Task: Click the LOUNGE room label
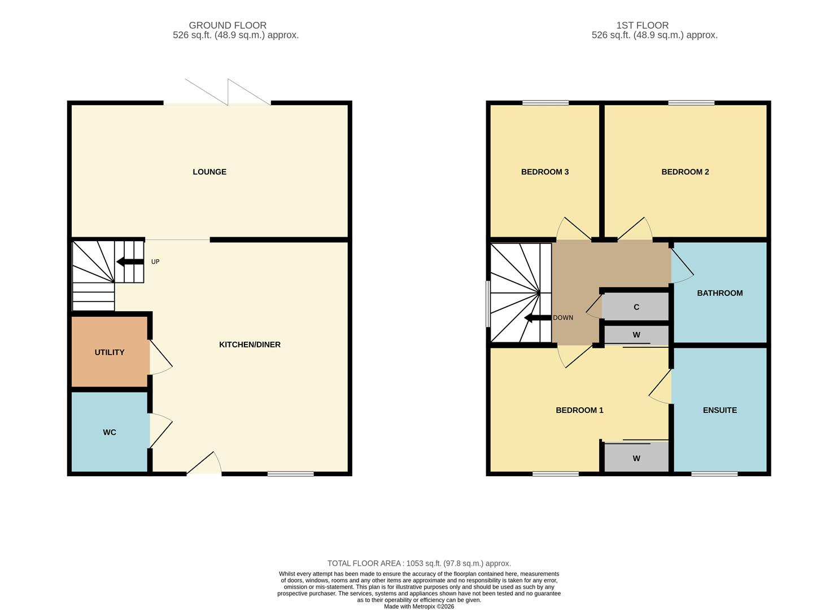click(209, 172)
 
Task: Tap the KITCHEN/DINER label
click(250, 345)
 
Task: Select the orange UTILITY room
click(110, 352)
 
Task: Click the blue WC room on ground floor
click(110, 432)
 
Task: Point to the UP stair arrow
click(130, 262)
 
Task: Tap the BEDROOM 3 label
click(544, 172)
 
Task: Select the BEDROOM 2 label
click(685, 172)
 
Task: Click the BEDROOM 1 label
click(579, 410)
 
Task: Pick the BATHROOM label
click(719, 293)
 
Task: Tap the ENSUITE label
click(719, 410)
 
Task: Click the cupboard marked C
click(636, 307)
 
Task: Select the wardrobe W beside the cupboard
click(636, 335)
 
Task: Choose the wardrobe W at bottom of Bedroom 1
click(636, 458)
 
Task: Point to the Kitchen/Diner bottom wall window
click(290, 474)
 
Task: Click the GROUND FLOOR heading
click(228, 25)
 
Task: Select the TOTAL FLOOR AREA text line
click(419, 563)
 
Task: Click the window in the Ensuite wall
click(714, 474)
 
